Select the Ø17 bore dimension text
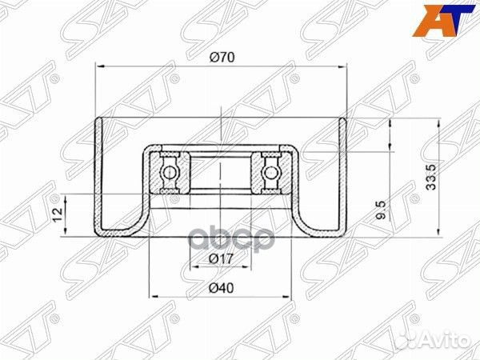(221, 258)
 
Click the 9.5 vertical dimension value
(383, 213)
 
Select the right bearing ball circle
(270, 170)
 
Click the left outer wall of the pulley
(97, 176)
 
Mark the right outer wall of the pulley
(346, 176)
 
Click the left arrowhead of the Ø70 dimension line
(98, 68)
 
